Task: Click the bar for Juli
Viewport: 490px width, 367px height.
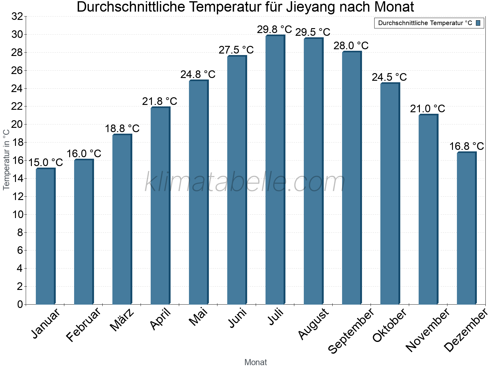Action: pos(275,170)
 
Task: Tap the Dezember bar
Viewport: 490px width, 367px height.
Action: pos(466,228)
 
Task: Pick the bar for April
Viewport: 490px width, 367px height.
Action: pos(160,206)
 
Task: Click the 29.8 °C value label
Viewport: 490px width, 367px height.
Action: pos(274,30)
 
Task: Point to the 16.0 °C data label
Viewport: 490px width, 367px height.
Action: pos(84,154)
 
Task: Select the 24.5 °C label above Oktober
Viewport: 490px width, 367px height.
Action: pos(389,77)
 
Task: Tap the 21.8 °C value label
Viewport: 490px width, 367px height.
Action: pos(160,101)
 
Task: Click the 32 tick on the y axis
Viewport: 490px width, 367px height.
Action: pos(17,17)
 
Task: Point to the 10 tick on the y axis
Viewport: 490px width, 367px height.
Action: pos(17,214)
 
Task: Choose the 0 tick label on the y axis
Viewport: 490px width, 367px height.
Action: pos(20,304)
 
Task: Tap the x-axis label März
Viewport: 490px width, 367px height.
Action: pos(122,320)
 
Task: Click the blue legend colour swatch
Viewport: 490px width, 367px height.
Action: pos(478,23)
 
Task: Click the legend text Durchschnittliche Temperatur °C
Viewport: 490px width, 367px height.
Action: pos(425,23)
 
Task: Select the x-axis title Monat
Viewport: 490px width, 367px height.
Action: pos(256,362)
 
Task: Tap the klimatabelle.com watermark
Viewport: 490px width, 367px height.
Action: pos(245,182)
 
